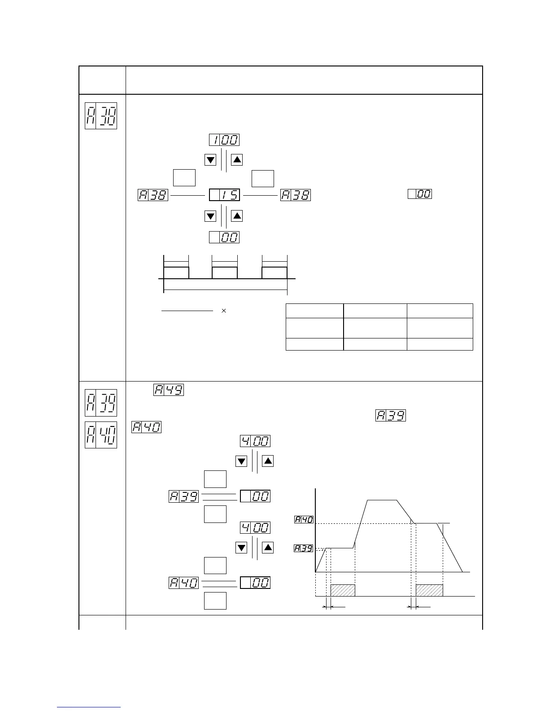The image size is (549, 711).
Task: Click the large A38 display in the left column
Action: click(x=101, y=116)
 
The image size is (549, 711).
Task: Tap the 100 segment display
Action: click(x=224, y=140)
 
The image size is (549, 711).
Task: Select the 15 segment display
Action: click(x=224, y=195)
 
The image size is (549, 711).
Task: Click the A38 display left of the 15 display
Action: click(x=153, y=195)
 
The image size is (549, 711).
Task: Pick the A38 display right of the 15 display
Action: click(x=296, y=195)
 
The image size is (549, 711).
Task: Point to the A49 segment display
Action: click(x=169, y=390)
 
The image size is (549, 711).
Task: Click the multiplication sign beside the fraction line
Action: click(x=224, y=311)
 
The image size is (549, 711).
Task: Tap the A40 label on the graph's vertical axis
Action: click(x=304, y=520)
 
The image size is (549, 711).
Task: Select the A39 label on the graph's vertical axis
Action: click(x=304, y=548)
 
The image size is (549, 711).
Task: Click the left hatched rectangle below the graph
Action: click(x=343, y=590)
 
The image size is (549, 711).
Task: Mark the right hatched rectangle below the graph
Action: click(x=429, y=590)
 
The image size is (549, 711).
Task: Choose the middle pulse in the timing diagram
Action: click(x=224, y=273)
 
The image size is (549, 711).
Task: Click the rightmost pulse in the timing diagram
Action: click(x=274, y=273)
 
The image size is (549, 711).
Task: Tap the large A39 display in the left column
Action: click(x=101, y=403)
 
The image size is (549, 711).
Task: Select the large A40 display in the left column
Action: click(x=101, y=434)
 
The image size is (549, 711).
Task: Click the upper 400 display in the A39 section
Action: click(x=255, y=441)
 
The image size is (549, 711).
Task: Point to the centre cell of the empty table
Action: click(x=375, y=328)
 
